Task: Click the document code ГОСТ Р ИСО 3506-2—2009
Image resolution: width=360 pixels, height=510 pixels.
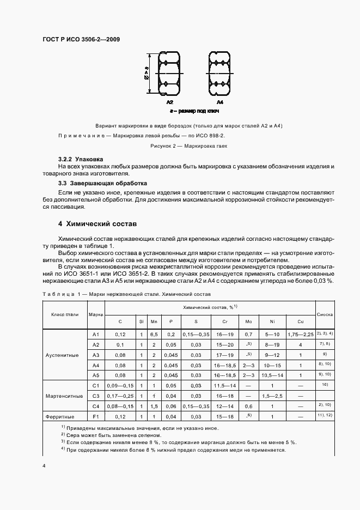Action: click(x=81, y=40)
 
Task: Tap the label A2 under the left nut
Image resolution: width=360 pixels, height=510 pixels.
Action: click(x=170, y=102)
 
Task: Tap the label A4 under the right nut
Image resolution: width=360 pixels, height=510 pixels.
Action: click(x=219, y=102)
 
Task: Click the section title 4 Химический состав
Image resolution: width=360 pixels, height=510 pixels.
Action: click(x=97, y=224)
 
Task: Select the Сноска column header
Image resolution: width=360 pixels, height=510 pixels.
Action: click(x=325, y=314)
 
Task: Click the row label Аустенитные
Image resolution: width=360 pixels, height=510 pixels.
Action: click(x=65, y=355)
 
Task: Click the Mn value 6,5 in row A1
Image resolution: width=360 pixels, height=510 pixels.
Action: click(x=154, y=335)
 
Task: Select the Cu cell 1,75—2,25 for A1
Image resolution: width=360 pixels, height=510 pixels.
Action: click(x=300, y=335)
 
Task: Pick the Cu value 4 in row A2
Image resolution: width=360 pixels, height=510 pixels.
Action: click(x=300, y=345)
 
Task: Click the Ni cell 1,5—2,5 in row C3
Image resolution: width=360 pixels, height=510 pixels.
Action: click(x=272, y=396)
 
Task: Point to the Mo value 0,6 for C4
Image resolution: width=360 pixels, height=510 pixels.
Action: click(x=248, y=406)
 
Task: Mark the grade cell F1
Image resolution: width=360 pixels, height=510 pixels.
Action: click(x=95, y=416)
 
